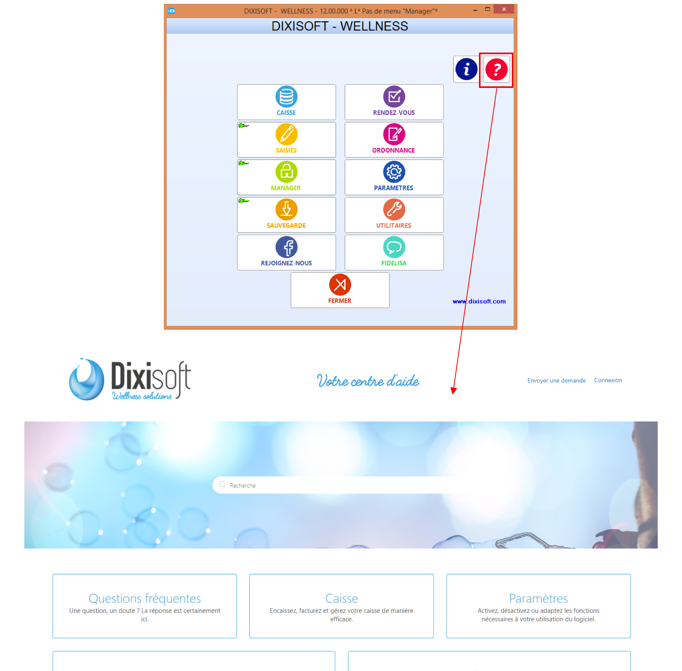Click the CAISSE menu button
tap(286, 102)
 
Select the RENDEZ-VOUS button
tap(394, 102)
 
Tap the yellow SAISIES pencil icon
tap(287, 134)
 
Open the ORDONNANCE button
tap(394, 140)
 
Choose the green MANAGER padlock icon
tap(287, 172)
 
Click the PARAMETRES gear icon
tap(394, 172)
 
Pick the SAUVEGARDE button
tap(286, 215)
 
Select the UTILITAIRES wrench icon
tap(394, 210)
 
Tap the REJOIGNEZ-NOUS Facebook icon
tap(287, 247)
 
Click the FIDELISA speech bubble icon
tap(394, 247)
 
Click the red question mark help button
tap(496, 69)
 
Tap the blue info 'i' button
tap(466, 69)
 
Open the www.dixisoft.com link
tap(479, 301)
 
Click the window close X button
tap(504, 9)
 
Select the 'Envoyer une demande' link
tap(556, 381)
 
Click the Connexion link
tap(608, 380)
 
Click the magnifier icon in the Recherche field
tap(223, 485)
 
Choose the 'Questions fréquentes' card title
tap(145, 598)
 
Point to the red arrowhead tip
tap(453, 394)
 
